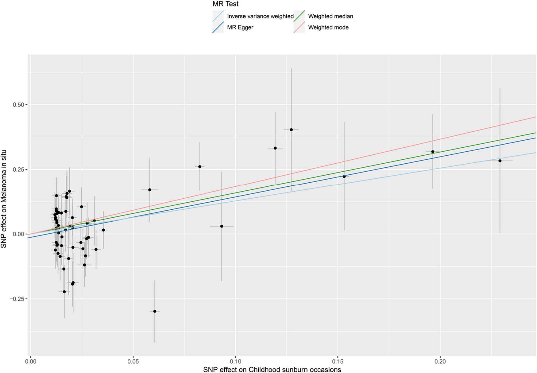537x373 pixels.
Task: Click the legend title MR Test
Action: pyautogui.click(x=225, y=4)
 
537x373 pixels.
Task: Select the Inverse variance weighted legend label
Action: pyautogui.click(x=260, y=16)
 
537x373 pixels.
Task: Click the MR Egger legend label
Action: pyautogui.click(x=240, y=27)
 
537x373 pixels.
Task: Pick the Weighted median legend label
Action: pyautogui.click(x=330, y=16)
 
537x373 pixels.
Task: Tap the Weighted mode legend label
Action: pyautogui.click(x=328, y=27)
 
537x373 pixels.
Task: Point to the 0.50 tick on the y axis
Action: pyautogui.click(x=18, y=105)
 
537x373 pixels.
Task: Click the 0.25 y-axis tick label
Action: pyautogui.click(x=18, y=169)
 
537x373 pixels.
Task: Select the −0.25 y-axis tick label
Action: pyautogui.click(x=17, y=299)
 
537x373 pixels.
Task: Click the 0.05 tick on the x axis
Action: pyautogui.click(x=133, y=361)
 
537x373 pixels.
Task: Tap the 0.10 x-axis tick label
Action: pyautogui.click(x=235, y=361)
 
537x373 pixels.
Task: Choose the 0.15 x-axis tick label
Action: pyautogui.click(x=338, y=361)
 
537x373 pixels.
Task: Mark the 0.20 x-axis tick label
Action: pyautogui.click(x=440, y=361)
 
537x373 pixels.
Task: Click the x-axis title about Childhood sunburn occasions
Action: pyautogui.click(x=272, y=369)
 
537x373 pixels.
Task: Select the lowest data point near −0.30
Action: pyautogui.click(x=155, y=311)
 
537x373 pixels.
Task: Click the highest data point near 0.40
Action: pyautogui.click(x=291, y=130)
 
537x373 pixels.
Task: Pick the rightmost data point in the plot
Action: pyautogui.click(x=500, y=161)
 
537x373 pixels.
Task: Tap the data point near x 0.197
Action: pyautogui.click(x=433, y=152)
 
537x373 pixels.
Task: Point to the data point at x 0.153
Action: pyautogui.click(x=344, y=177)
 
